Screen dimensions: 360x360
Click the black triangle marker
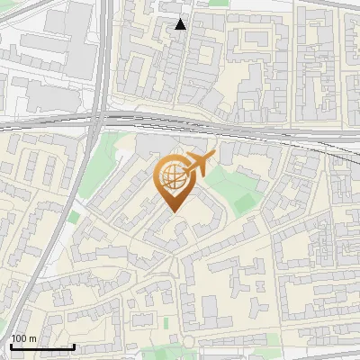(181, 24)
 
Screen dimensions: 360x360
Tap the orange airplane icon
(200, 165)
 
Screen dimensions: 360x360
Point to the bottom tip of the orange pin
(173, 211)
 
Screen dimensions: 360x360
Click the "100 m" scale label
(23, 338)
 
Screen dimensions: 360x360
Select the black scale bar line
(42, 347)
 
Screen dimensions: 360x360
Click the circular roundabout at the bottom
(190, 340)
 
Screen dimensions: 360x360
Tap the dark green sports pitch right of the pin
(245, 203)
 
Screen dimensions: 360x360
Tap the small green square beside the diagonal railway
(73, 217)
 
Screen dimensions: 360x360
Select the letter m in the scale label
(32, 338)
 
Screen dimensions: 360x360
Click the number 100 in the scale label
(19, 338)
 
